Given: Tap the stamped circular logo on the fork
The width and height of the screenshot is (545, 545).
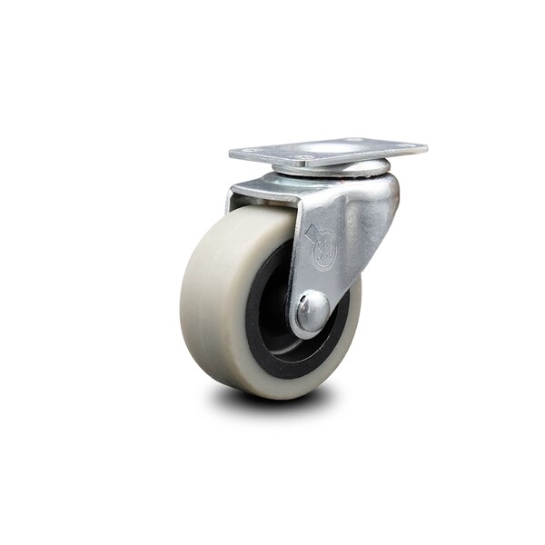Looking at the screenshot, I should point(324,253).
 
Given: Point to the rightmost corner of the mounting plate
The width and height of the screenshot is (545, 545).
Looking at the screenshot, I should point(426,145).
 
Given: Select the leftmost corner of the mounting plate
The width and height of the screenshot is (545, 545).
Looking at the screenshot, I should point(231,156).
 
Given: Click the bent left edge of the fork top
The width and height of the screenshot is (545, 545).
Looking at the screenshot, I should point(234,193).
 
